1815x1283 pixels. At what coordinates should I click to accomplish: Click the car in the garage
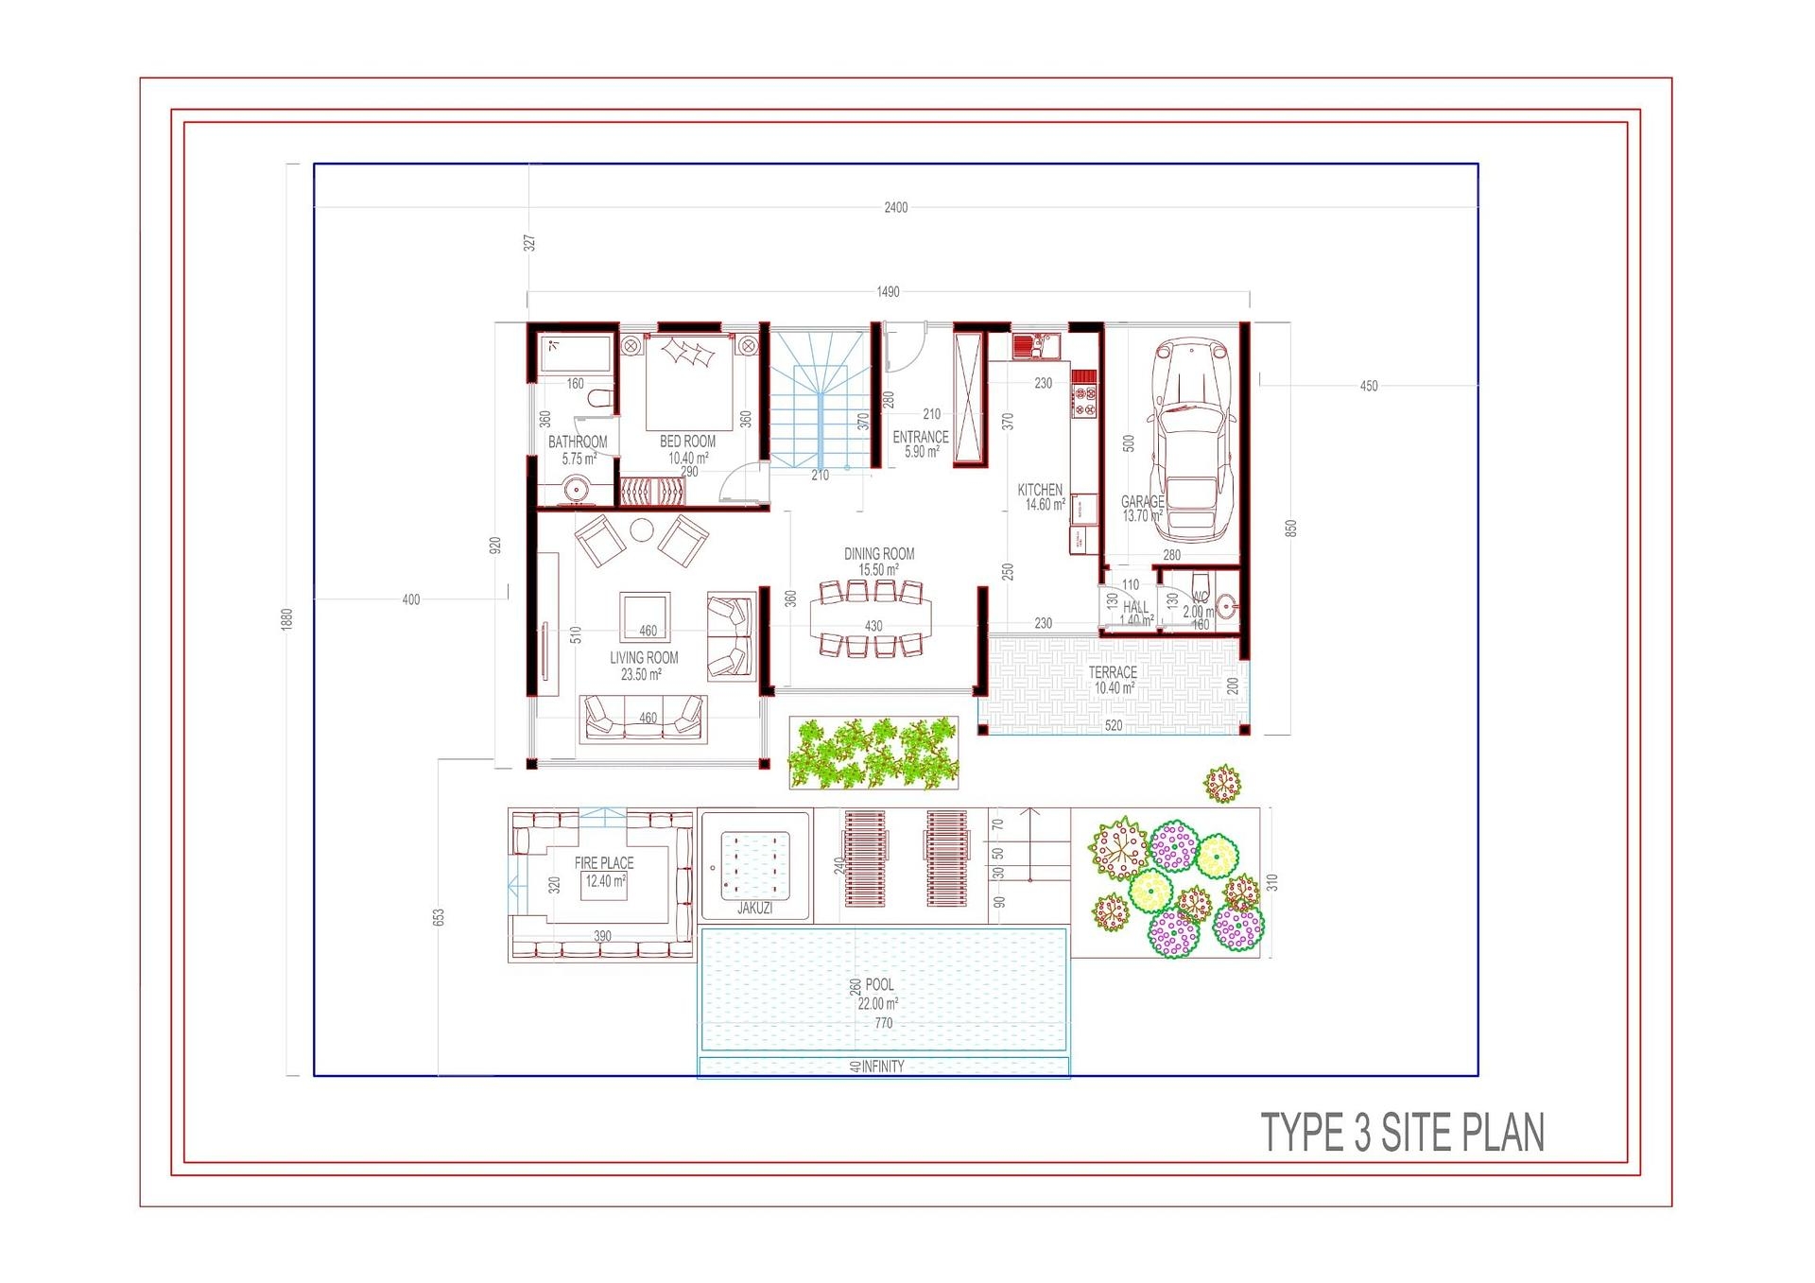(1191, 439)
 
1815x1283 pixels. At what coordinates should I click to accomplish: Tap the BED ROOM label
(687, 442)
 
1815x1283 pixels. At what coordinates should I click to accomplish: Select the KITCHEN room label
(1040, 490)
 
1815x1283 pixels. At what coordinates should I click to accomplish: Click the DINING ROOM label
(879, 554)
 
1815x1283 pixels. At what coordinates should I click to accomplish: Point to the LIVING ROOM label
(644, 658)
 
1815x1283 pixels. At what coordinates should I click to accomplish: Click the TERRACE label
(1113, 672)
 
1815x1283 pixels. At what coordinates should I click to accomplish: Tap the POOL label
(879, 985)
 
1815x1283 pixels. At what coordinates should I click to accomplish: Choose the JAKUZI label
(754, 909)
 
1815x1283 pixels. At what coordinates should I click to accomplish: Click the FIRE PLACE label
(604, 863)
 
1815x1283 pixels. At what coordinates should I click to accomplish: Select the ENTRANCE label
(921, 438)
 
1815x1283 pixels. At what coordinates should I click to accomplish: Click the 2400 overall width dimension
(895, 207)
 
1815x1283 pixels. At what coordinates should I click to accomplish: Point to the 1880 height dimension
(287, 619)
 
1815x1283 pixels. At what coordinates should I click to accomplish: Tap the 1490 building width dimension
(888, 292)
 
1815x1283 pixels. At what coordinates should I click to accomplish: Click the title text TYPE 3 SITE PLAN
(1403, 1133)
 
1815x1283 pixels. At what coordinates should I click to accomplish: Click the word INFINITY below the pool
(883, 1066)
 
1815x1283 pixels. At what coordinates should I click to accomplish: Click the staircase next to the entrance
(820, 397)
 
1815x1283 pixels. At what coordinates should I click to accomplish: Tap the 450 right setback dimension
(1368, 386)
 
